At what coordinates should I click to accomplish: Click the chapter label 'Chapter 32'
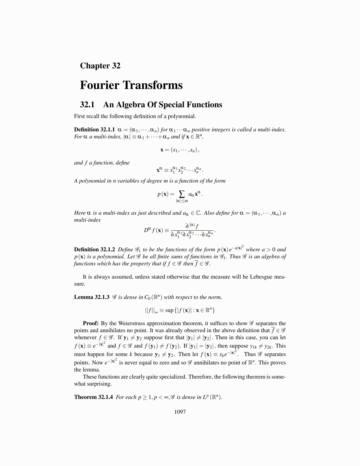pos(100,66)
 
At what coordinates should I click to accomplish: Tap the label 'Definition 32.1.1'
pos(94,130)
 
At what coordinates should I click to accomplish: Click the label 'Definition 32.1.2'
pos(94,249)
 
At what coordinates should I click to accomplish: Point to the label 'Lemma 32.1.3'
pos(91,297)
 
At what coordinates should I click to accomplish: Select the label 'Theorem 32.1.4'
pos(93,397)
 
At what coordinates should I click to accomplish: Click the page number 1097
pos(180,412)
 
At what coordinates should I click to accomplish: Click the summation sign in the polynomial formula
pos(182,194)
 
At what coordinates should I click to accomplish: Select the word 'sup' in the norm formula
pos(169,310)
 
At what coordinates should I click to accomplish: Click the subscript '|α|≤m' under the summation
pos(182,201)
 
